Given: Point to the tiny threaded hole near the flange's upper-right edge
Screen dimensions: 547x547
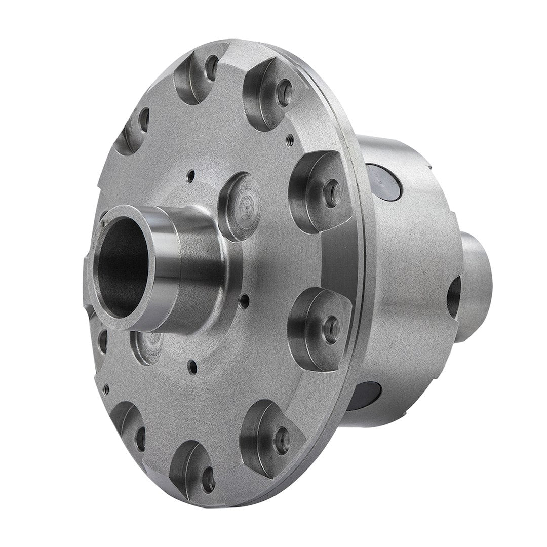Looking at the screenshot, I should (290, 137).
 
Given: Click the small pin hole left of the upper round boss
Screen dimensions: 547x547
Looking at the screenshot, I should (190, 177).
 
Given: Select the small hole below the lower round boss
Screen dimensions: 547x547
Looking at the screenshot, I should (192, 367).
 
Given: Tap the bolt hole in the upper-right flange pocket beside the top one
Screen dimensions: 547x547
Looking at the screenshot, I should (285, 93).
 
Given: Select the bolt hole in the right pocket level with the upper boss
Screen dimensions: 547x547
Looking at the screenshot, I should (332, 192).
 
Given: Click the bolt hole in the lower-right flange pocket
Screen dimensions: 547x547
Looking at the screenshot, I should (282, 435).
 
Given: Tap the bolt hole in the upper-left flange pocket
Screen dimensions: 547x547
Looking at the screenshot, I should (144, 120).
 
